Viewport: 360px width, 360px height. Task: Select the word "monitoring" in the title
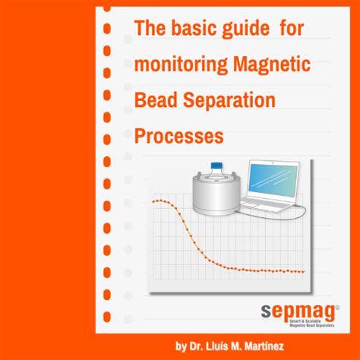click(x=176, y=67)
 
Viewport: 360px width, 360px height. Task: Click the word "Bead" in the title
click(x=155, y=101)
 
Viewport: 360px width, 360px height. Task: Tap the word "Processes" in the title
click(x=180, y=136)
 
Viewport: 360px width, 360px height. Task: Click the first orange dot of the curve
click(x=153, y=201)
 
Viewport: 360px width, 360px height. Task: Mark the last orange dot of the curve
click(x=304, y=271)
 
